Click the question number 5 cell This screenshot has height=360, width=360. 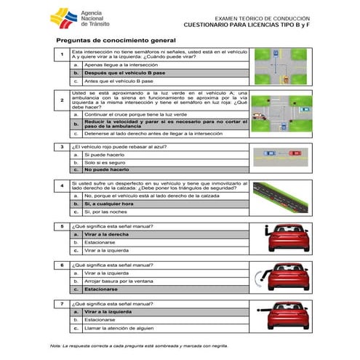pyautogui.click(x=62, y=227)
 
